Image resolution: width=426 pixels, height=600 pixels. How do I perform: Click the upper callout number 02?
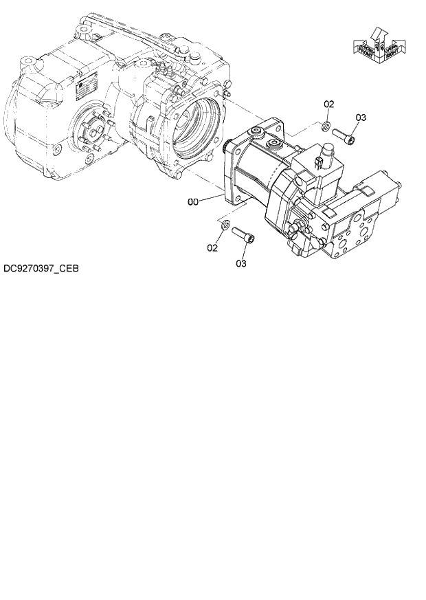click(329, 104)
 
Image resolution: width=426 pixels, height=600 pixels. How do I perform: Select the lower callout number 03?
click(241, 263)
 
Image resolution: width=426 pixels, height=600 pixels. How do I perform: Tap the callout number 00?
click(194, 202)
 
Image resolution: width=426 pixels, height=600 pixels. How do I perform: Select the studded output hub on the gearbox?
click(90, 130)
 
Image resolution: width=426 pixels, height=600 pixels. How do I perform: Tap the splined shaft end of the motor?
click(227, 145)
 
